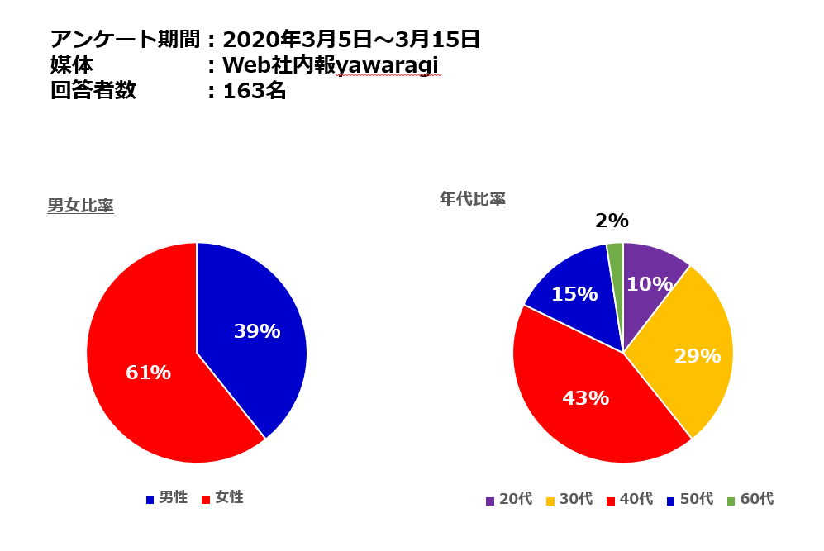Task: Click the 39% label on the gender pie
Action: tap(257, 331)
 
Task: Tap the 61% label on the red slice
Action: tap(148, 373)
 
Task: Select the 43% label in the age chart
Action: tap(585, 398)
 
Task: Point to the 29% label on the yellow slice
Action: tap(698, 356)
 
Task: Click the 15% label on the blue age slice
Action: tap(574, 293)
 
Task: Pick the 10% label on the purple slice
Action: tap(649, 284)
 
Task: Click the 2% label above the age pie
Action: tap(612, 221)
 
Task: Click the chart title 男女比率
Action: tap(80, 206)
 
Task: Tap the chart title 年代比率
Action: tap(472, 199)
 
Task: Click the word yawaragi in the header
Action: tap(388, 64)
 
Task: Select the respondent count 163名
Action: tap(255, 91)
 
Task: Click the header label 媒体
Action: tap(72, 65)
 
